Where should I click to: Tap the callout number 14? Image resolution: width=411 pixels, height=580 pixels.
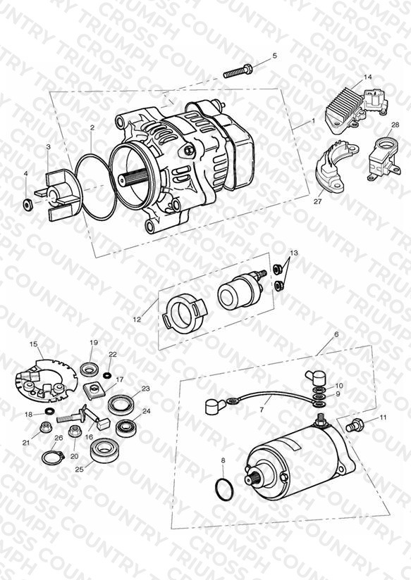(x=367, y=77)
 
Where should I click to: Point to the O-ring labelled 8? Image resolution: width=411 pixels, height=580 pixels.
(x=225, y=490)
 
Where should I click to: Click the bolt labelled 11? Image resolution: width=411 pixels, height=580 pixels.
(x=355, y=425)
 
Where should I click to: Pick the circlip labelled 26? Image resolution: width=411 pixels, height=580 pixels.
(x=52, y=458)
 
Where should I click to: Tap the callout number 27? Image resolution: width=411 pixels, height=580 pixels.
(x=318, y=201)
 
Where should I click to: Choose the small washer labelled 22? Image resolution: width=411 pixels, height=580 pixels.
(x=108, y=376)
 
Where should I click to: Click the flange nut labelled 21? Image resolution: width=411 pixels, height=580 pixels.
(x=46, y=427)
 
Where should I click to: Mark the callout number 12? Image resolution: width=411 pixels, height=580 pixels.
(x=137, y=319)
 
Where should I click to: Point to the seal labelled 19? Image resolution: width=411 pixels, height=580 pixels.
(x=90, y=369)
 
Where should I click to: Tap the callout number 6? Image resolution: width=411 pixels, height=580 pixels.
(x=336, y=334)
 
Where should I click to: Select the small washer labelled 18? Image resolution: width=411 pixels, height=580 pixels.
(x=49, y=411)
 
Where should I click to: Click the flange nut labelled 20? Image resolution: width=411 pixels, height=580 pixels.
(x=75, y=431)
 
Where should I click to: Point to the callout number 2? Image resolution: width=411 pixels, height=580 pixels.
(x=92, y=127)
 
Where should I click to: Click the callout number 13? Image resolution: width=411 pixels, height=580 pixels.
(x=293, y=253)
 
